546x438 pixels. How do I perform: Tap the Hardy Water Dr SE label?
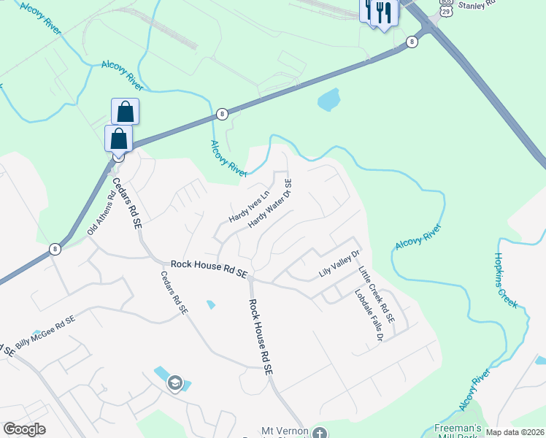[270, 204]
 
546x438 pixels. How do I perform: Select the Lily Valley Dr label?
[340, 264]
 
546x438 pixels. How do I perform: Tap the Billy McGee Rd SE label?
[45, 331]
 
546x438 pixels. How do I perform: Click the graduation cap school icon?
[174, 383]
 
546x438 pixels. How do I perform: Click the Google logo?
[24, 429]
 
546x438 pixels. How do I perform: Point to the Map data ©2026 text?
[515, 432]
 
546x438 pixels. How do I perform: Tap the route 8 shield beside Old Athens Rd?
[55, 249]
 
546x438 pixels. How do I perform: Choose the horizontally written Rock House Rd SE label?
[208, 267]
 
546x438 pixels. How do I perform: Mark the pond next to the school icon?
[162, 375]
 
